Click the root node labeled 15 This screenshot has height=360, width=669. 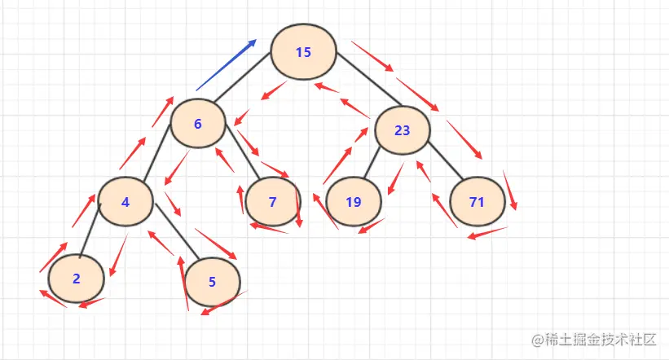pyautogui.click(x=303, y=51)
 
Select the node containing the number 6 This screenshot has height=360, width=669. pyautogui.click(x=198, y=123)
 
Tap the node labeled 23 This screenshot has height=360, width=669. pyautogui.click(x=403, y=130)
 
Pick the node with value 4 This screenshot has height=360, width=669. pyautogui.click(x=125, y=201)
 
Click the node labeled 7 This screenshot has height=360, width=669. pyautogui.click(x=273, y=201)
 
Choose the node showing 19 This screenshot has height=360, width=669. pyautogui.click(x=354, y=201)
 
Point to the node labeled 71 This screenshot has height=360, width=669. pyautogui.click(x=478, y=201)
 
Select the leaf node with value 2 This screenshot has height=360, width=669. pyautogui.click(x=77, y=279)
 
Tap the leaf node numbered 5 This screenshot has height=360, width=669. pyautogui.click(x=213, y=282)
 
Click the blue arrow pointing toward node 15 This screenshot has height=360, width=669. pyautogui.click(x=227, y=65)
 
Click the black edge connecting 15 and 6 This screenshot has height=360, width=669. pyautogui.click(x=242, y=77)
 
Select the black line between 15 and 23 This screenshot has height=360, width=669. pyautogui.click(x=368, y=79)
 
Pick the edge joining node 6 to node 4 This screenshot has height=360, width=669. pyautogui.click(x=157, y=152)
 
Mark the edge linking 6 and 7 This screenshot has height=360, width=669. pyautogui.click(x=243, y=151)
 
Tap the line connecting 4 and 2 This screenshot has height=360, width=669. pyautogui.click(x=90, y=230)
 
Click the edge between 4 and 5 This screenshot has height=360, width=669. pyautogui.click(x=177, y=231)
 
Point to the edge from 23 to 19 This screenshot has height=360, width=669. pyautogui.click(x=372, y=163)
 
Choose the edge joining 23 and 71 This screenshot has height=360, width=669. pyautogui.click(x=446, y=160)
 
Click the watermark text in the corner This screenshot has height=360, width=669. pyautogui.click(x=593, y=340)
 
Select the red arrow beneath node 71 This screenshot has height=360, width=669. pyautogui.click(x=487, y=233)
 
